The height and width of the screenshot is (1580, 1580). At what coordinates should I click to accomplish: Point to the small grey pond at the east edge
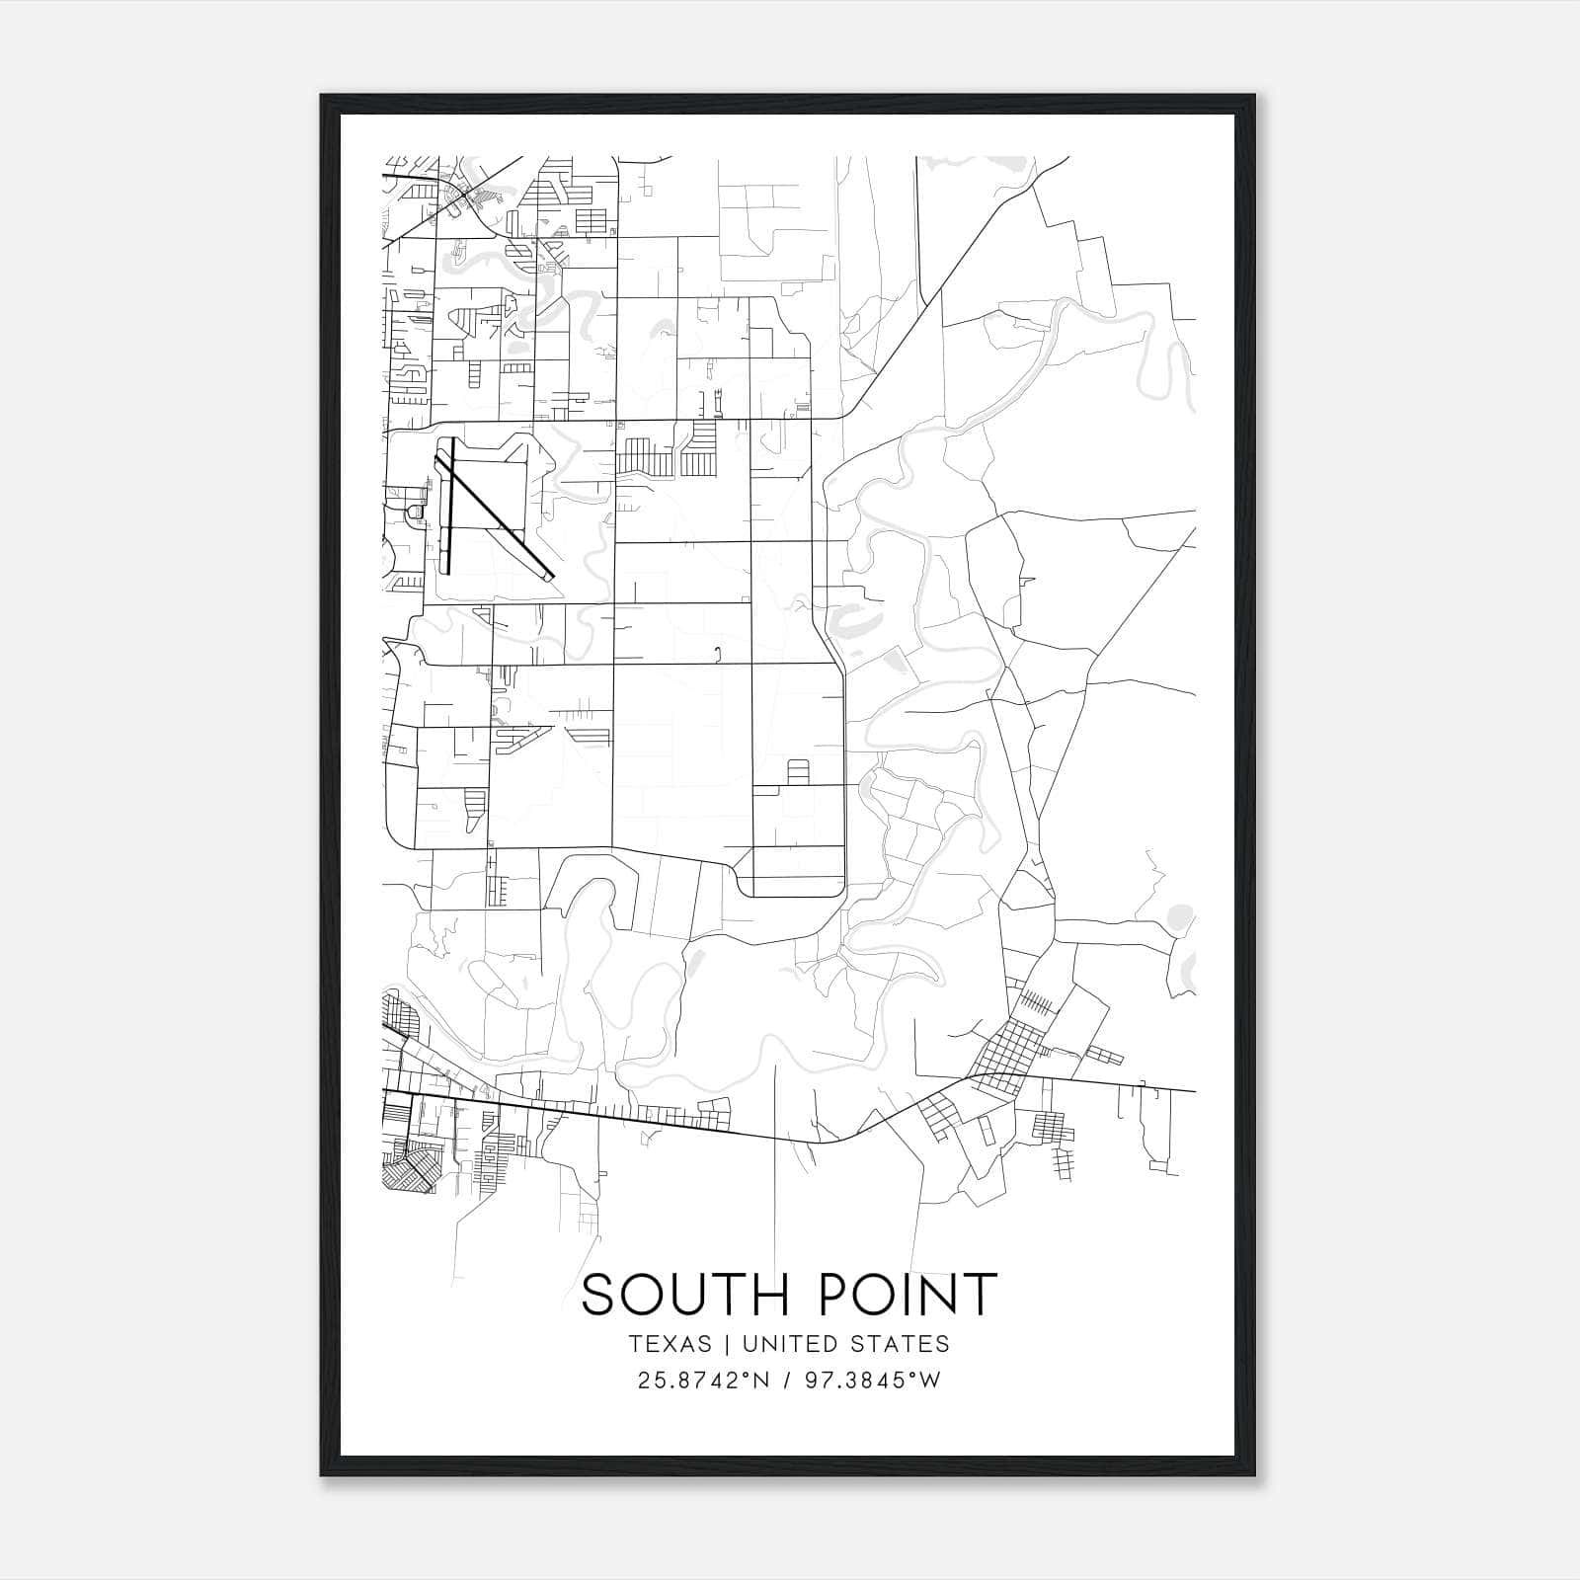1176,917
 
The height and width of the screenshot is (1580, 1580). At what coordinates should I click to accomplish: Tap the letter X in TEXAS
667,1344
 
